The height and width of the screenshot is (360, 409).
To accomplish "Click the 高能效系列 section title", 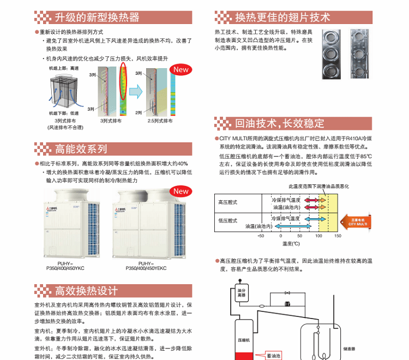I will click(81, 149).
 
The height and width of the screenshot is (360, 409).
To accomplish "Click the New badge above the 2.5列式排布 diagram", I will click(181, 69).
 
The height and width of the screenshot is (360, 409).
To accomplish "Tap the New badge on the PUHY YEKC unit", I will click(181, 191).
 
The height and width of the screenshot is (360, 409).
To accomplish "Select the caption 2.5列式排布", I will click(158, 121).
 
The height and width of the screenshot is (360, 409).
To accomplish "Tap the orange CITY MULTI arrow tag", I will click(355, 221).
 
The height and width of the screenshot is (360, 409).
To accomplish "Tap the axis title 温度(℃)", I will click(291, 243).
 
